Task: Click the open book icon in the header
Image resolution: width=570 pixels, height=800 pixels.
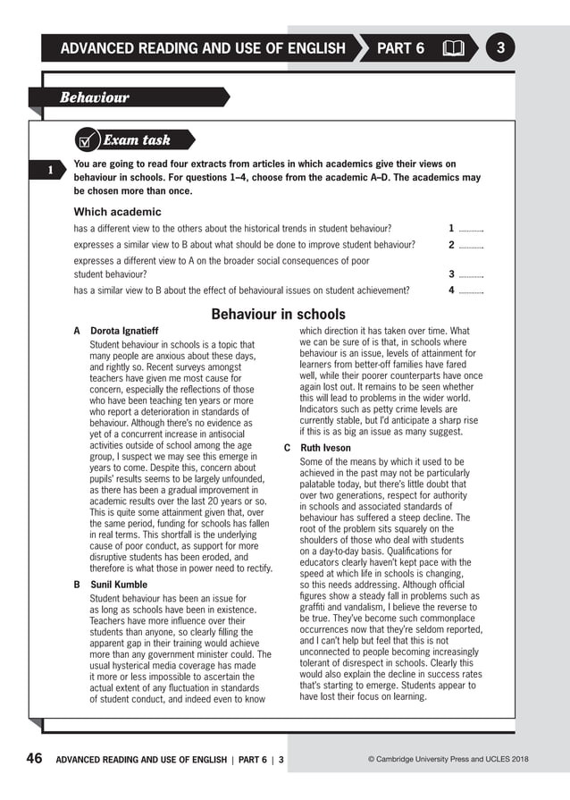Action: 453,48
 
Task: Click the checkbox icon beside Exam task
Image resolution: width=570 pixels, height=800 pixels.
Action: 88,140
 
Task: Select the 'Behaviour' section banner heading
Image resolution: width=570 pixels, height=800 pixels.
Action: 95,97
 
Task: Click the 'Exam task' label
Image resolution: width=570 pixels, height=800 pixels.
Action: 137,140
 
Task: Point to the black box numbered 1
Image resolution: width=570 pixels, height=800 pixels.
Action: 51,170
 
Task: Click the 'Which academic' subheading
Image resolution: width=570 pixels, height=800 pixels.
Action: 117,212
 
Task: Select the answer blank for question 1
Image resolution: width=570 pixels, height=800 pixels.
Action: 471,229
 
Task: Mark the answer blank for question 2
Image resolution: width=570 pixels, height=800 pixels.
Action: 471,245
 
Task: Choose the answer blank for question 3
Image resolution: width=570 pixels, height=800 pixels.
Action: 471,274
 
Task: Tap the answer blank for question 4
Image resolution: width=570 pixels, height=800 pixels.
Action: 471,291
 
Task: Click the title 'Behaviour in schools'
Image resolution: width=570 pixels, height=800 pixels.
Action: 278,314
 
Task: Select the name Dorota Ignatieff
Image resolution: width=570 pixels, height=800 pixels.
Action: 124,331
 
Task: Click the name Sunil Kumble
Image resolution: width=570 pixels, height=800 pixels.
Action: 119,585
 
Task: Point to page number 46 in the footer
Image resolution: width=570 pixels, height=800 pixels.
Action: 34,759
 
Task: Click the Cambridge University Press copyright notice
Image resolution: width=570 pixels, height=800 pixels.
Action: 448,760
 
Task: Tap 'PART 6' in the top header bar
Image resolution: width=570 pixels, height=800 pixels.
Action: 400,48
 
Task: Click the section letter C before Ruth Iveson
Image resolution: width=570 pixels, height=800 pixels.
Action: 288,448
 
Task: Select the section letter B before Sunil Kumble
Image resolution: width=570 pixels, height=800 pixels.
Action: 77,585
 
